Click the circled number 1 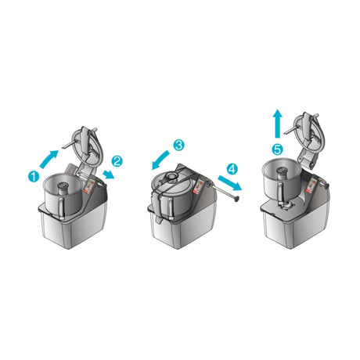pyautogui.click(x=34, y=177)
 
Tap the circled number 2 pyautogui.click(x=117, y=160)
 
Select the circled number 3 pyautogui.click(x=178, y=146)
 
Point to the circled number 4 pyautogui.click(x=232, y=168)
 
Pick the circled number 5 pyautogui.click(x=277, y=148)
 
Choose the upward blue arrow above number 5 pyautogui.click(x=277, y=124)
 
